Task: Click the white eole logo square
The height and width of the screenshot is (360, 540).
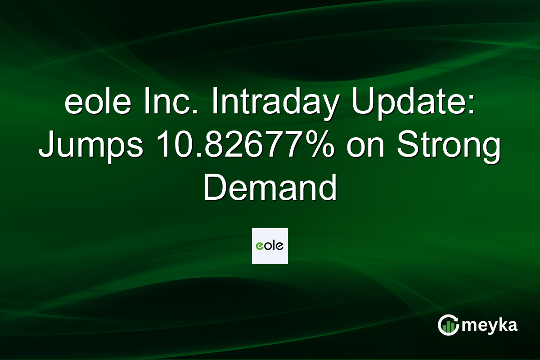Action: pos(270,246)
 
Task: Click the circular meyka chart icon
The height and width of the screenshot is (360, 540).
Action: pos(448,325)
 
